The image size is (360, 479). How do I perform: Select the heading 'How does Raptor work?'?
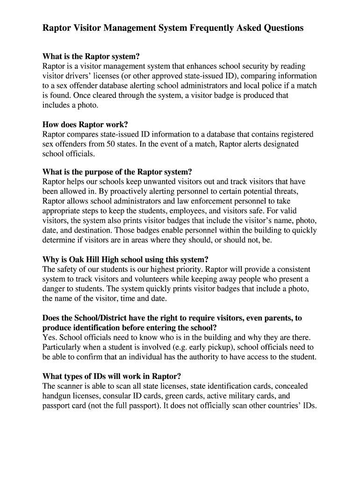[85, 124]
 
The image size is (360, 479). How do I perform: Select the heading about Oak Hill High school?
[125, 259]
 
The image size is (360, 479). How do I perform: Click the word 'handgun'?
[57, 396]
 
